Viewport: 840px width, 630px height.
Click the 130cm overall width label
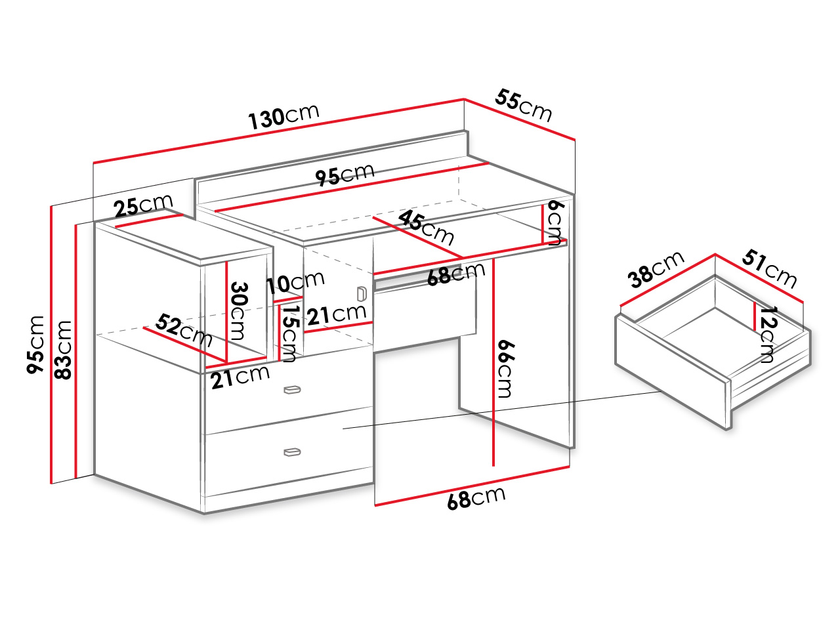click(x=283, y=116)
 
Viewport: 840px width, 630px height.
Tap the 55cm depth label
click(x=523, y=105)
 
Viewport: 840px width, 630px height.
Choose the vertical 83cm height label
click(x=63, y=350)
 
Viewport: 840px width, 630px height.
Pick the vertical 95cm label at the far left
click(x=35, y=345)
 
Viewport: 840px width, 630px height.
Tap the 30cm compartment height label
click(x=239, y=311)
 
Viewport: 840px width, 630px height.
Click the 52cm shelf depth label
click(x=184, y=330)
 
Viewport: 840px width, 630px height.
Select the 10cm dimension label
click(x=295, y=282)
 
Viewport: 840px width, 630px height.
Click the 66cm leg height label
click(x=505, y=369)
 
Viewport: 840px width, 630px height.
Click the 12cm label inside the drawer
click(x=767, y=334)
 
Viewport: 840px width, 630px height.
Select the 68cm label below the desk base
click(x=476, y=498)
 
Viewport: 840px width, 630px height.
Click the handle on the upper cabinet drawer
click(x=292, y=390)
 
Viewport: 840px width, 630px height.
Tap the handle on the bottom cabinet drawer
click(x=292, y=452)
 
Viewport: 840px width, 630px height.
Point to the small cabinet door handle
click(x=361, y=294)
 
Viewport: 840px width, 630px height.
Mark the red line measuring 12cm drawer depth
click(x=754, y=316)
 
